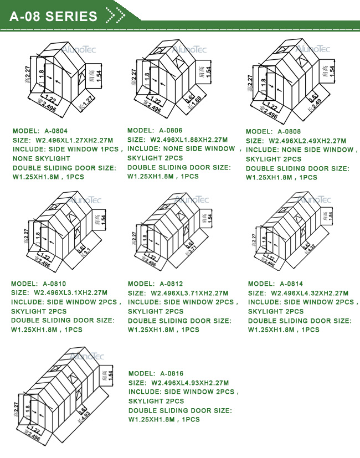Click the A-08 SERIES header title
tap(54, 16)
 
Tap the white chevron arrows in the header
tap(114, 16)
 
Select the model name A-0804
tap(56, 131)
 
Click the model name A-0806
tap(171, 130)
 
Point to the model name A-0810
tap(55, 284)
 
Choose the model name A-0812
tap(172, 284)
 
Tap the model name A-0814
tap(291, 284)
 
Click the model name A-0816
tap(172, 374)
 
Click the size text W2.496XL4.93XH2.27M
tap(190, 383)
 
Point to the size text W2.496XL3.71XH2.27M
tap(189, 294)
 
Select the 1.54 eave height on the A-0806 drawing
tap(208, 71)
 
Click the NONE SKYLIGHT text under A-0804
tap(41, 158)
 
